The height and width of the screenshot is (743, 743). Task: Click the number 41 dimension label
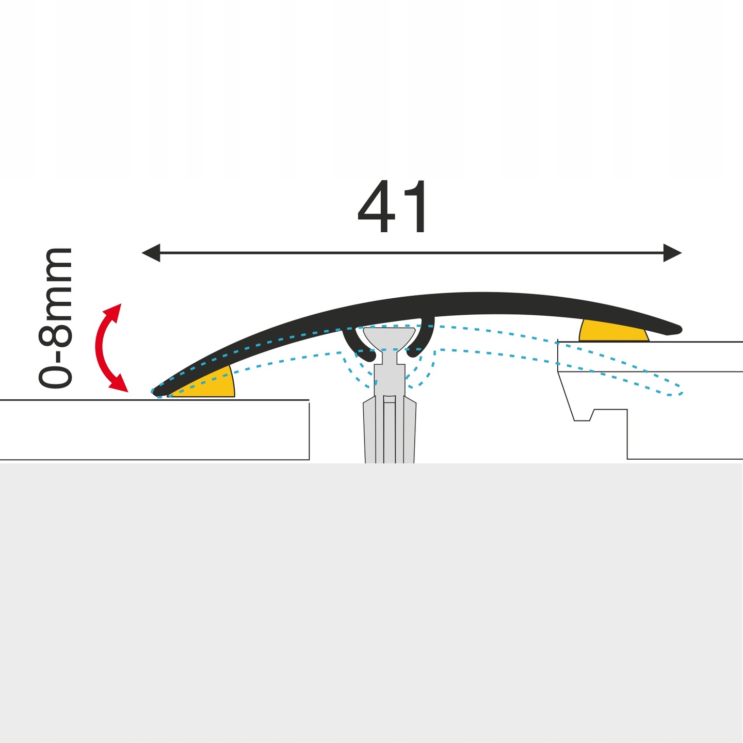pyautogui.click(x=393, y=207)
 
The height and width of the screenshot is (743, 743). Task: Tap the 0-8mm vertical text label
pyautogui.click(x=55, y=318)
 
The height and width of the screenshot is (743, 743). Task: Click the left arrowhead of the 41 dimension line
pyautogui.click(x=150, y=253)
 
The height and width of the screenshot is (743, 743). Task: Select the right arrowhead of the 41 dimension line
pyautogui.click(x=673, y=253)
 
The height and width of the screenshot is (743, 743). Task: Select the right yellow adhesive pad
pyautogui.click(x=612, y=331)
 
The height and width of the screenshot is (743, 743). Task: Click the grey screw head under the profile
pyautogui.click(x=390, y=338)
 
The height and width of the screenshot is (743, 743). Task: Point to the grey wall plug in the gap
pyautogui.click(x=390, y=428)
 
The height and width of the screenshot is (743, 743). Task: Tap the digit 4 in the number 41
pyautogui.click(x=376, y=207)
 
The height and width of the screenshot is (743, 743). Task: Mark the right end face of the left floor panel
pyautogui.click(x=309, y=430)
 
